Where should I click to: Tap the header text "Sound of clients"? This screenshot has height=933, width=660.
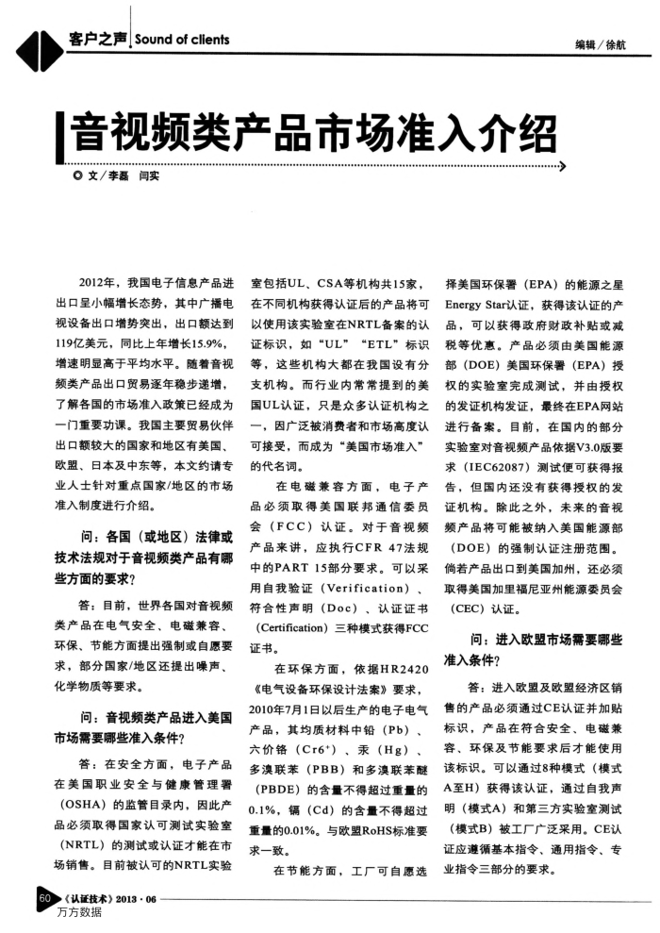coord(182,40)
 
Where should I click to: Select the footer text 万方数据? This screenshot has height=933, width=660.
coord(78,913)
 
